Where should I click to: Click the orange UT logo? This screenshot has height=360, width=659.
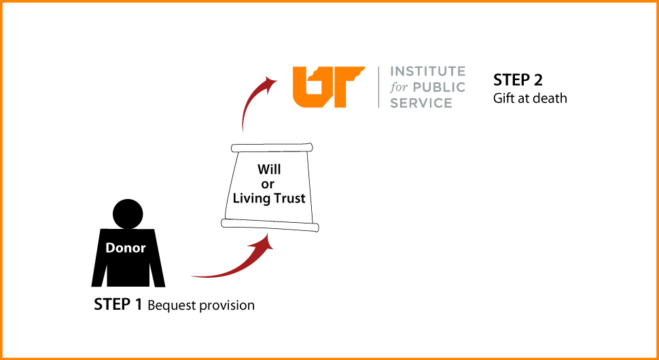[328, 86]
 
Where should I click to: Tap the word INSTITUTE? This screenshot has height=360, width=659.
[428, 71]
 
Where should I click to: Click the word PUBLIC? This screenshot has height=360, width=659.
[438, 88]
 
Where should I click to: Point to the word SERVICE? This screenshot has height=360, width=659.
[421, 103]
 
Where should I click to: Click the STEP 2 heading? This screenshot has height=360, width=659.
[518, 80]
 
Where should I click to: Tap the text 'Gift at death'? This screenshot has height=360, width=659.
[530, 98]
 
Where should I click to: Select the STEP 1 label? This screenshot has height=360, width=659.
[118, 304]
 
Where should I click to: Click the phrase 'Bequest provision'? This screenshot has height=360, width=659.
[201, 306]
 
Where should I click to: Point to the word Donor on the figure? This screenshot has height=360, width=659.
[125, 248]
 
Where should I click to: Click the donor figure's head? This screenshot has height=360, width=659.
[128, 213]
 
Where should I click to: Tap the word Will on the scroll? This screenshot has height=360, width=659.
[269, 170]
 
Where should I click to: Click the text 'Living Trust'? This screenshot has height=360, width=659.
[269, 198]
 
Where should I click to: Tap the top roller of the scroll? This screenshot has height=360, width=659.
[272, 148]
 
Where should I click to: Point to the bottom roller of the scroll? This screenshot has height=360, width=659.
[270, 225]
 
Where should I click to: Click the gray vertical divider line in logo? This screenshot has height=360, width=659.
[378, 87]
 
